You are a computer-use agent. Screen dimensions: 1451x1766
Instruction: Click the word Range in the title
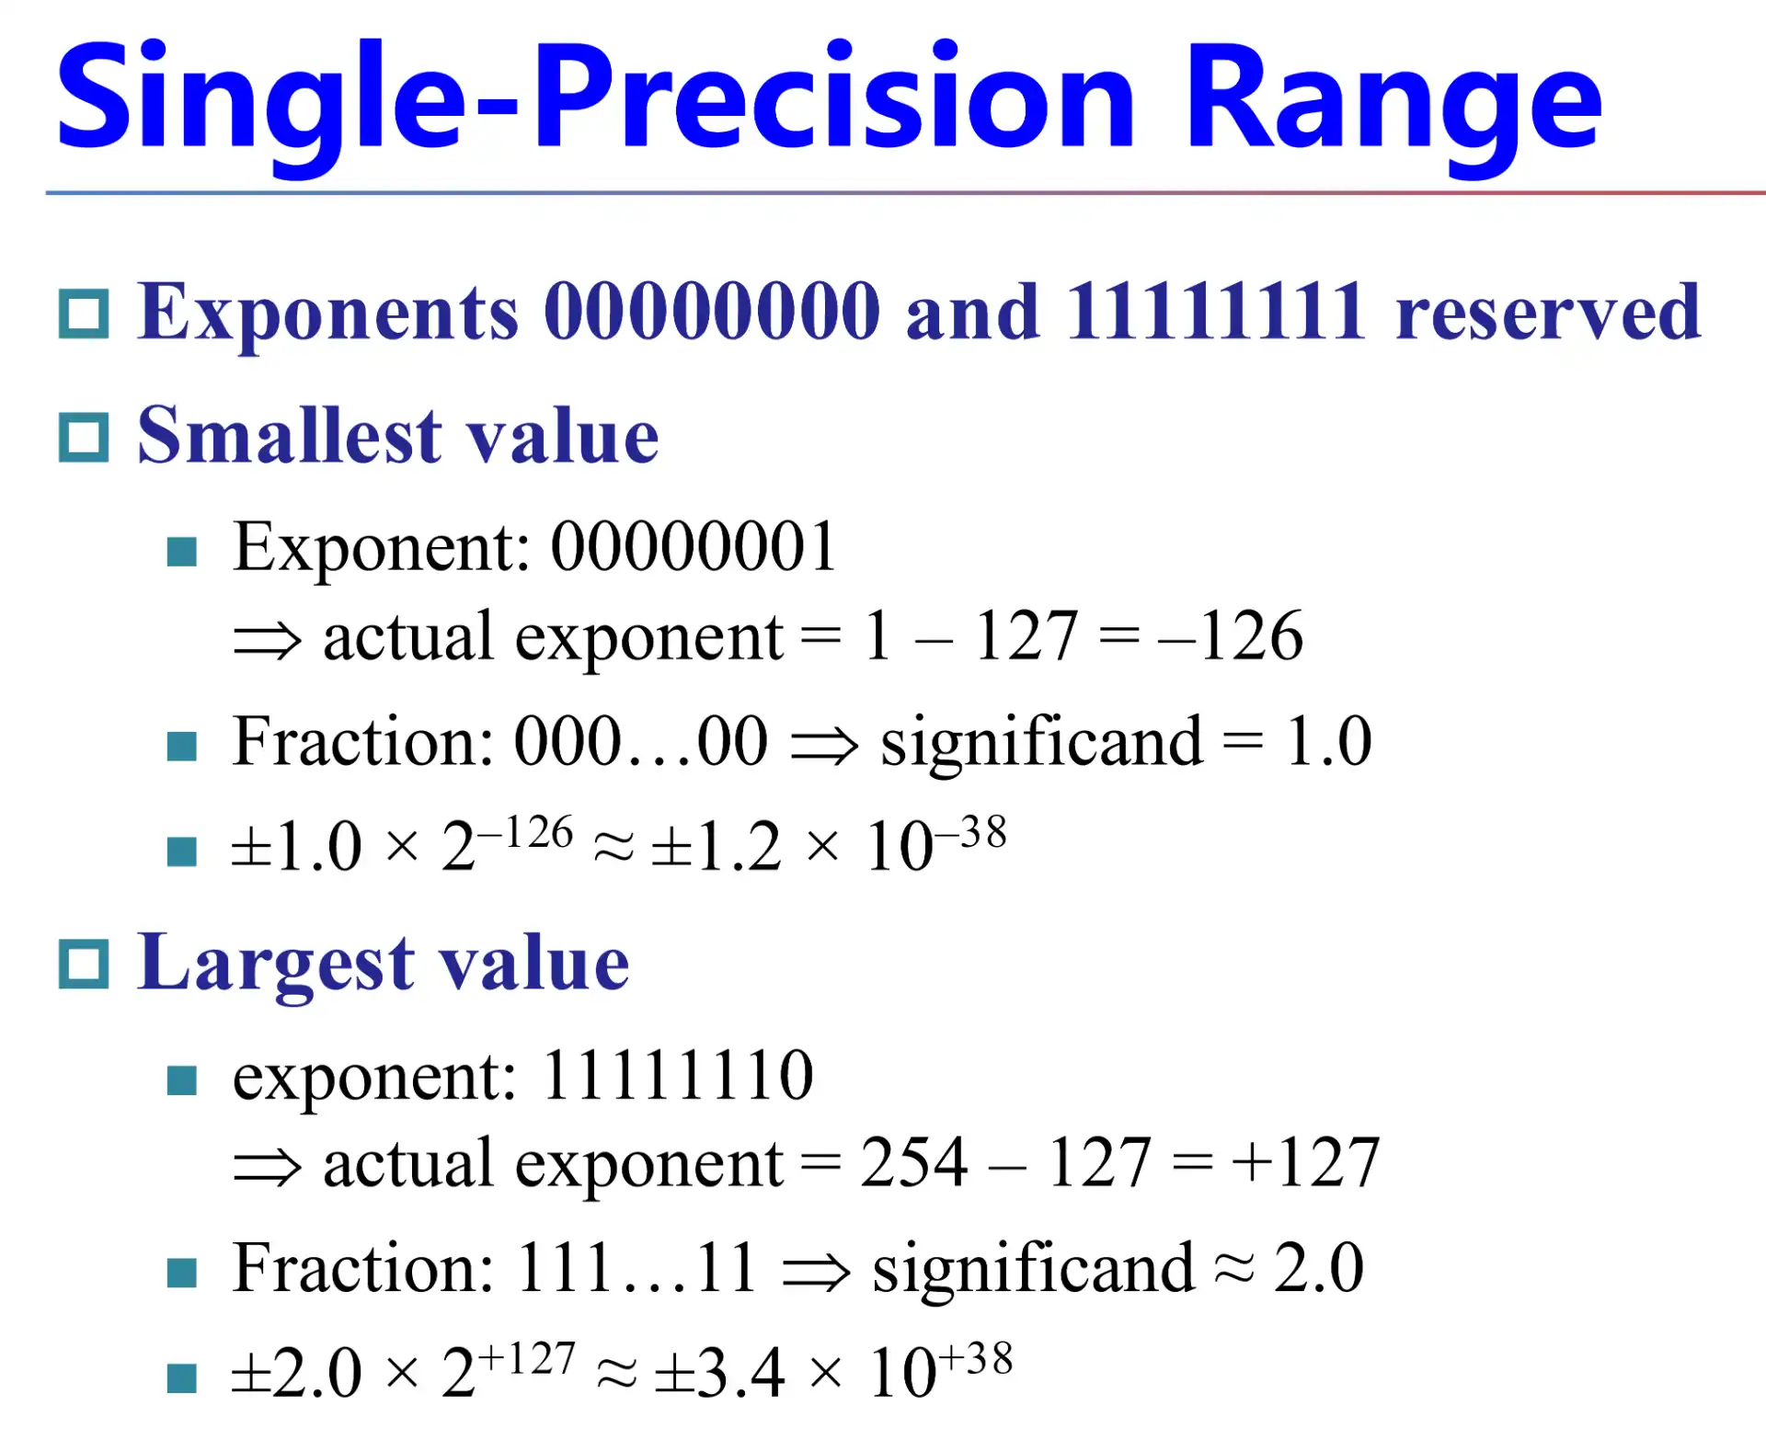(x=1393, y=99)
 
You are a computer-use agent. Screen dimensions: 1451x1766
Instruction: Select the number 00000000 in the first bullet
(x=712, y=312)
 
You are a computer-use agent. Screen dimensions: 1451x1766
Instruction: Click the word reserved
(x=1548, y=314)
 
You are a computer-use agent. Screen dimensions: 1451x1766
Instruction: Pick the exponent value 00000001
(x=694, y=546)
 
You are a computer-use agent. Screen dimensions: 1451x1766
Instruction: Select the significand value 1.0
(x=1328, y=741)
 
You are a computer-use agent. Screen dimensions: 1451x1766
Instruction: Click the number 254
(x=913, y=1162)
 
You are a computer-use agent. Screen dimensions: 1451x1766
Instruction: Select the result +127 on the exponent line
(x=1306, y=1162)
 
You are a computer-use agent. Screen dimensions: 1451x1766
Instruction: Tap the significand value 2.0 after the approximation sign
(x=1318, y=1268)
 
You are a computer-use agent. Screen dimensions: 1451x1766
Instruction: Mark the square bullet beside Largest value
(x=84, y=965)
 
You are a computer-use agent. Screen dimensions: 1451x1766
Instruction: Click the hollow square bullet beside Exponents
(x=84, y=314)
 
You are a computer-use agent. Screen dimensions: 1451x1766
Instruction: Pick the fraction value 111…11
(x=636, y=1268)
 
